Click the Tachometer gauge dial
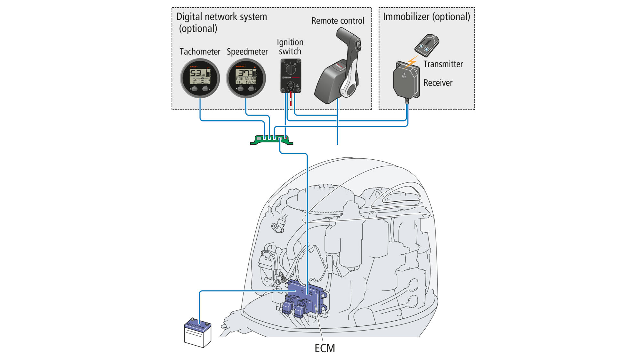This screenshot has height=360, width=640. coord(200,78)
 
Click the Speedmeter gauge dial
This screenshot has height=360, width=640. coord(246,78)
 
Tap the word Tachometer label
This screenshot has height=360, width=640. coord(200,52)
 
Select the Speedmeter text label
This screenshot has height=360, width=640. coord(247,52)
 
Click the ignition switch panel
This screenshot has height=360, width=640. coord(291,76)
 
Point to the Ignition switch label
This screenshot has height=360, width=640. coord(290,47)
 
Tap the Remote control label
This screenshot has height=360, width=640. coord(338,21)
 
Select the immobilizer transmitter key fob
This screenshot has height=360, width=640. coord(427,45)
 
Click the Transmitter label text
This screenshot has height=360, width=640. coord(443,64)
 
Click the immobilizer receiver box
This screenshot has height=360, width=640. coord(406,80)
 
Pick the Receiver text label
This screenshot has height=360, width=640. coord(438,83)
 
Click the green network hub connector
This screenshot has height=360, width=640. coord(271,140)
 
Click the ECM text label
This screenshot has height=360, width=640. coord(324,348)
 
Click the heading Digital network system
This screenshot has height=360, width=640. coord(221,17)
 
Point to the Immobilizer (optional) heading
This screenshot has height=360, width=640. coord(426,17)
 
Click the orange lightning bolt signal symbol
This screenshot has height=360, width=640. coord(412,62)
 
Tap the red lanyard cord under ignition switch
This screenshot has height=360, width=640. coord(291,99)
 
